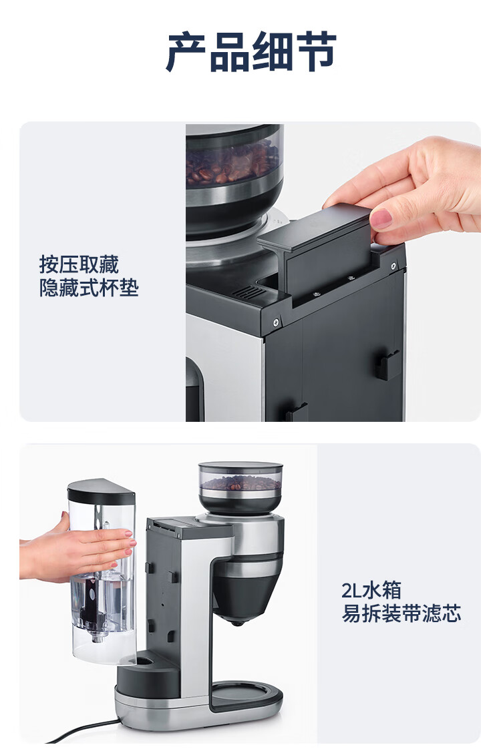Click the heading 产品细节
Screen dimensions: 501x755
[x=251, y=51]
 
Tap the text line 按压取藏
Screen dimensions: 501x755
[x=79, y=265]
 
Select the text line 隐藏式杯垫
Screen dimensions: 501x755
[x=89, y=288]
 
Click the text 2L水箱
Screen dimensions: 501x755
[x=371, y=590]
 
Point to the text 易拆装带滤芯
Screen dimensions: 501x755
[x=401, y=613]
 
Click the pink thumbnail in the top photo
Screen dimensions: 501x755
[x=381, y=218]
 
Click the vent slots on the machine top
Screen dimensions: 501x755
[x=250, y=292]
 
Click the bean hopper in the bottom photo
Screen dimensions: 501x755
[x=240, y=487]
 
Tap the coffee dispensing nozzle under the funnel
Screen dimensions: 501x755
[x=236, y=623]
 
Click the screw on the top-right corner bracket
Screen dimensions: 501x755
[x=393, y=266]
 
